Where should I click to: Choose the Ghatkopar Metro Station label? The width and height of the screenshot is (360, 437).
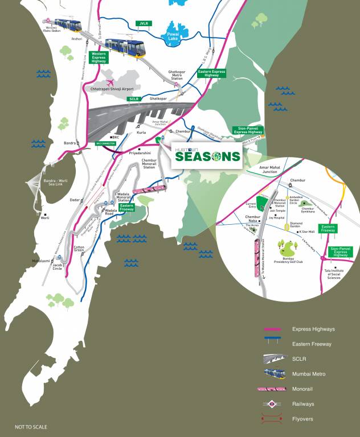177,76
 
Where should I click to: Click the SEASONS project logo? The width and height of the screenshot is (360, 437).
206,155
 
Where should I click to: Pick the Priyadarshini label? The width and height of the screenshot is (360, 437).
140,153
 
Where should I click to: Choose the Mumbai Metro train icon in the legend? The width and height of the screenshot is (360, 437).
276,373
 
